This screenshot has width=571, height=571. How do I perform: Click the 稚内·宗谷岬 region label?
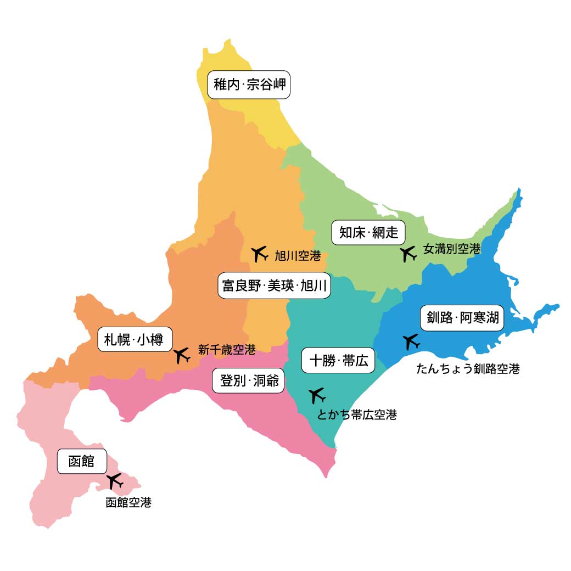[249, 85]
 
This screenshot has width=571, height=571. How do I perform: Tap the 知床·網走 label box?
[368, 233]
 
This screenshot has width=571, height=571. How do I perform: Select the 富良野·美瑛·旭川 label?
[275, 285]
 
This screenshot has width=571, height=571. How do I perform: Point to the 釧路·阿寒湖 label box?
[462, 317]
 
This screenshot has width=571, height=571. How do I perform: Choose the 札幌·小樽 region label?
[135, 339]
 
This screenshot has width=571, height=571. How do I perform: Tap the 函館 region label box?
[81, 461]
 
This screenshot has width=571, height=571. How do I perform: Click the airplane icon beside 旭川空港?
[259, 253]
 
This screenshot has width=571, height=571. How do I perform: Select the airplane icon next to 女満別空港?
[407, 254]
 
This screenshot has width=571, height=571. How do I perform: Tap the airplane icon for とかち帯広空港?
[317, 395]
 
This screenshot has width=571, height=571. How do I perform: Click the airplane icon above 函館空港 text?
[115, 481]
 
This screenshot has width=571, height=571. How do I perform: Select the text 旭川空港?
[297, 255]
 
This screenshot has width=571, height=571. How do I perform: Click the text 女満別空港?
[451, 249]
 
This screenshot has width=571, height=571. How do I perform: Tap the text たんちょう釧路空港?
[468, 369]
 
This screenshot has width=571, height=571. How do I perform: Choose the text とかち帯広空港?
[357, 415]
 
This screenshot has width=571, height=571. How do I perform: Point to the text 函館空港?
[128, 502]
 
